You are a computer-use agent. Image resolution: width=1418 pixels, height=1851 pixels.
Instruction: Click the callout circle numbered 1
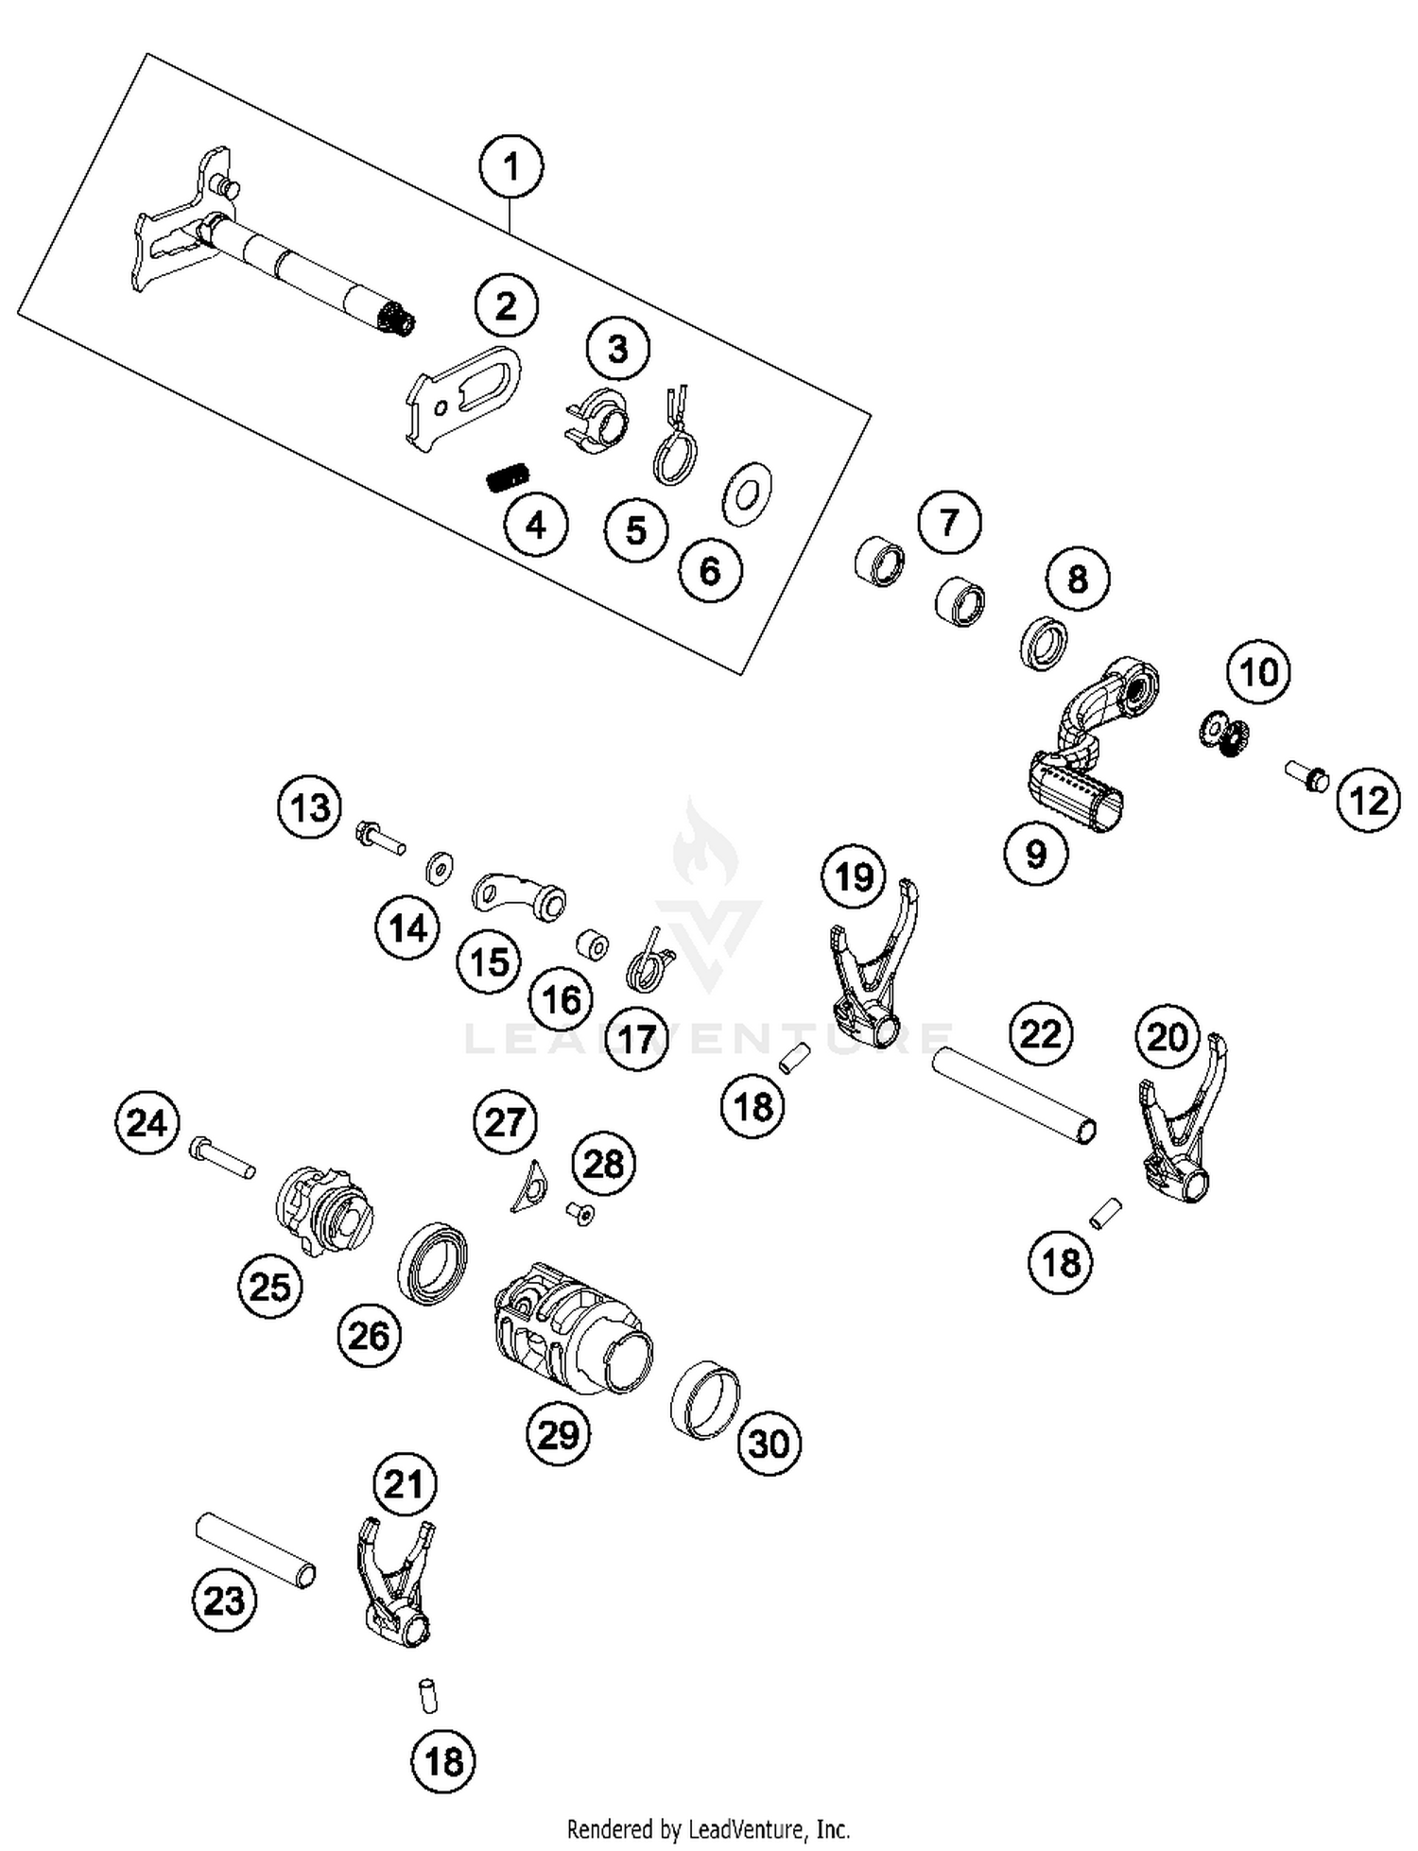510,168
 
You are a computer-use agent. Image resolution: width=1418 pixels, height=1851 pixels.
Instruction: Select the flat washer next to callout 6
747,492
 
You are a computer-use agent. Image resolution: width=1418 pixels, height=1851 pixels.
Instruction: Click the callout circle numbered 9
1036,854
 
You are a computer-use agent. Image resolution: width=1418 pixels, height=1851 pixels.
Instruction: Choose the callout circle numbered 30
769,1444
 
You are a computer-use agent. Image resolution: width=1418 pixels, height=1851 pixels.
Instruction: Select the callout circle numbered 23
224,1600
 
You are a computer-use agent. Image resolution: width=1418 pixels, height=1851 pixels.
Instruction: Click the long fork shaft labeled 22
1014,1090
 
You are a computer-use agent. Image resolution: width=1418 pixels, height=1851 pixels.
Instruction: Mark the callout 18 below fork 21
444,1761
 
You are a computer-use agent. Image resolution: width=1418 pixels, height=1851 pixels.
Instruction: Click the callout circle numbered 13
310,808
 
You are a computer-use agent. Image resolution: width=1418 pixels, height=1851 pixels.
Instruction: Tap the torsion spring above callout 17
650,960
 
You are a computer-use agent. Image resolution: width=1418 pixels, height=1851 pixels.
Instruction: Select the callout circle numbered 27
505,1122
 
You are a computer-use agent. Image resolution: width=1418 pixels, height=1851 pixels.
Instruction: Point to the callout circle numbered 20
1167,1037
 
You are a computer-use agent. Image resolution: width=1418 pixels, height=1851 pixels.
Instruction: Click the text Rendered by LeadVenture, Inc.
708,1828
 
